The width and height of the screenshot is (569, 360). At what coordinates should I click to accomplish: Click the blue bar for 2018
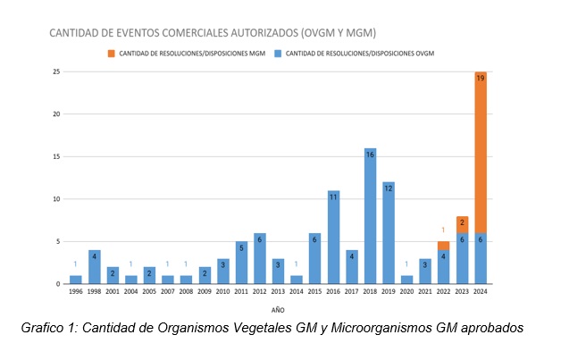pos(370,219)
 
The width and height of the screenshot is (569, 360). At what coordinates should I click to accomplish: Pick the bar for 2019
pos(389,235)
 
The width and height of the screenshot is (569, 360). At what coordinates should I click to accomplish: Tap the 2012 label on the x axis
pos(260,291)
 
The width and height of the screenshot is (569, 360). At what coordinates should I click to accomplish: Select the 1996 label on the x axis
pos(76,291)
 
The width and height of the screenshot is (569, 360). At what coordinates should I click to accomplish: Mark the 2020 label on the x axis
pos(406,291)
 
